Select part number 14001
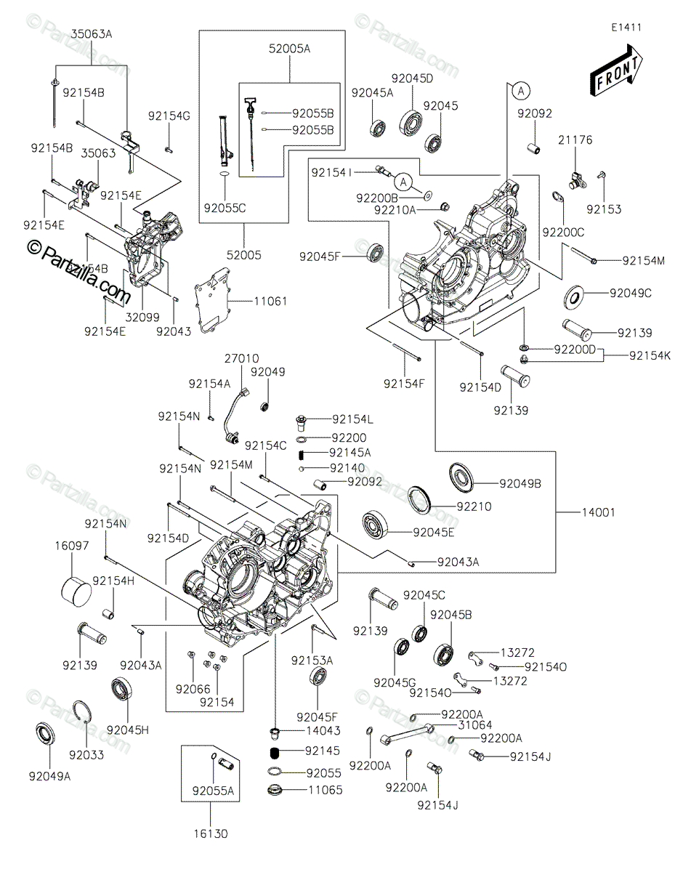click(598, 512)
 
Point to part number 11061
click(251, 299)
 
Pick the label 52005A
click(289, 49)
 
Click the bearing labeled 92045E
click(378, 525)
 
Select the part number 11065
click(324, 790)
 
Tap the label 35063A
click(92, 33)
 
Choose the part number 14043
click(324, 730)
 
